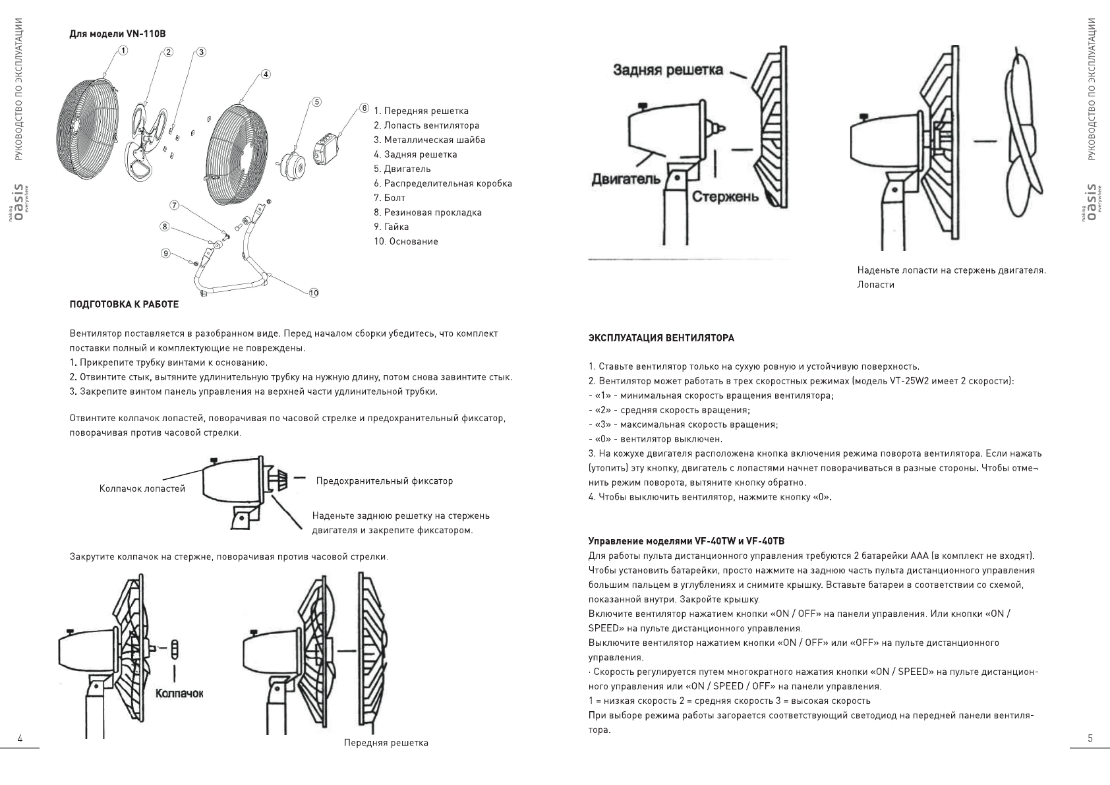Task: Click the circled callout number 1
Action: click(x=123, y=49)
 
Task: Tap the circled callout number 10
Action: click(x=313, y=293)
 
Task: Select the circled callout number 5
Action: click(x=317, y=102)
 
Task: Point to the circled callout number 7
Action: click(x=174, y=205)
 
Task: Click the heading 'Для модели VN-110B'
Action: click(x=123, y=33)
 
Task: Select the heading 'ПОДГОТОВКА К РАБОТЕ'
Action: click(x=125, y=304)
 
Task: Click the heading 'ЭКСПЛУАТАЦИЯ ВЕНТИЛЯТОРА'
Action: click(x=661, y=338)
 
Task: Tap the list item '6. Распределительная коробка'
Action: click(x=442, y=183)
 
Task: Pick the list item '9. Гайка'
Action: click(x=391, y=227)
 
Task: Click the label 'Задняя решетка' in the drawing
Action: click(x=668, y=70)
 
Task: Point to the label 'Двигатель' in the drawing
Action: click(x=626, y=179)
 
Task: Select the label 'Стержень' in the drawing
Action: click(x=725, y=197)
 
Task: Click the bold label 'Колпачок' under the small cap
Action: click(x=179, y=693)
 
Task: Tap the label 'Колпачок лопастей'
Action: click(x=142, y=488)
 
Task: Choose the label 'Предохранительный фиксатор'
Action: click(x=384, y=480)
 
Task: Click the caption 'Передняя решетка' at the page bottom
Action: click(x=386, y=743)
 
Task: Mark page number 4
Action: click(x=20, y=738)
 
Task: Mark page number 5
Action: click(x=1090, y=738)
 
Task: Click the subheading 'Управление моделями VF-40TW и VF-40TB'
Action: click(x=686, y=541)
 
